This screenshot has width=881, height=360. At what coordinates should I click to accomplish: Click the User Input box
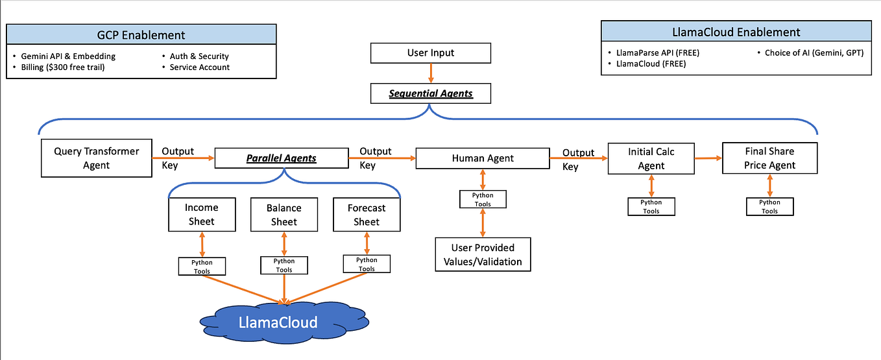pos(431,53)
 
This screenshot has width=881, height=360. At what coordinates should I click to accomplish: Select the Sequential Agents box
pos(431,93)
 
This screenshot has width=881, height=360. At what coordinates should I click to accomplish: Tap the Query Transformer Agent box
pos(96,158)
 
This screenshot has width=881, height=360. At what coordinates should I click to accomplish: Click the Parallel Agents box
pos(281,158)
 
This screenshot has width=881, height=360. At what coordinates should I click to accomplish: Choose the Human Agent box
pos(482,158)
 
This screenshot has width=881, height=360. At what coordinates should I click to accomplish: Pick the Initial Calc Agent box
pos(651,158)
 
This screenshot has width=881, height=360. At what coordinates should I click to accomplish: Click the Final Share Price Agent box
pos(769,158)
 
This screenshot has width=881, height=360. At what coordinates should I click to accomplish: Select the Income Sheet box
pos(201,214)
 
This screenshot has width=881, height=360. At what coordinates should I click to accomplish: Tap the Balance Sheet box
pos(284,214)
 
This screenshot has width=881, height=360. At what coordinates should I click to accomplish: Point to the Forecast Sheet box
pos(366,214)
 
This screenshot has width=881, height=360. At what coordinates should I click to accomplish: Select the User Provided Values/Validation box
pos(483,255)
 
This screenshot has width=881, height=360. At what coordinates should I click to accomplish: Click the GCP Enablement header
pos(141,35)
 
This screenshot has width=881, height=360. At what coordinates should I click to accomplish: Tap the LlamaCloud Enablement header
pos(736,32)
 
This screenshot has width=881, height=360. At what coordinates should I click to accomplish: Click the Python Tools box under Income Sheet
pos(202,266)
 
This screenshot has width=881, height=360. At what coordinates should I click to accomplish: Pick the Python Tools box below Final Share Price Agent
pos(769,206)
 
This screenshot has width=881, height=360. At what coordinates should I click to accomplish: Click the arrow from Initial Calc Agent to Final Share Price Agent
pos(708,158)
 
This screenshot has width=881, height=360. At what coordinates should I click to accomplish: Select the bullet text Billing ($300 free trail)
pos(58,67)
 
